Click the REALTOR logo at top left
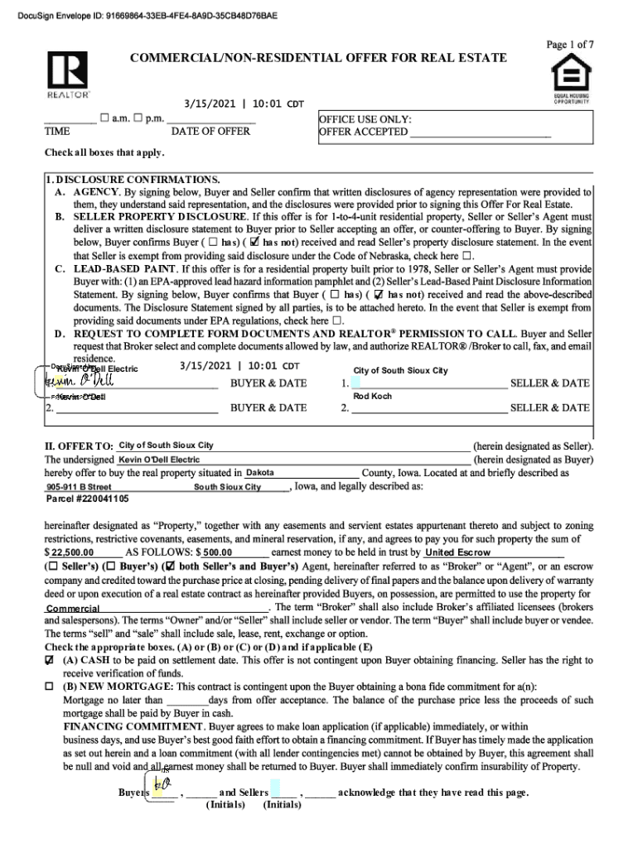68,74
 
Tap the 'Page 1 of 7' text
569,45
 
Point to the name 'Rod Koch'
372,397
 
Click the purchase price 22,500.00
75,552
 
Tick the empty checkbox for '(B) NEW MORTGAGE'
51,687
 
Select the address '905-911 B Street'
80,487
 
